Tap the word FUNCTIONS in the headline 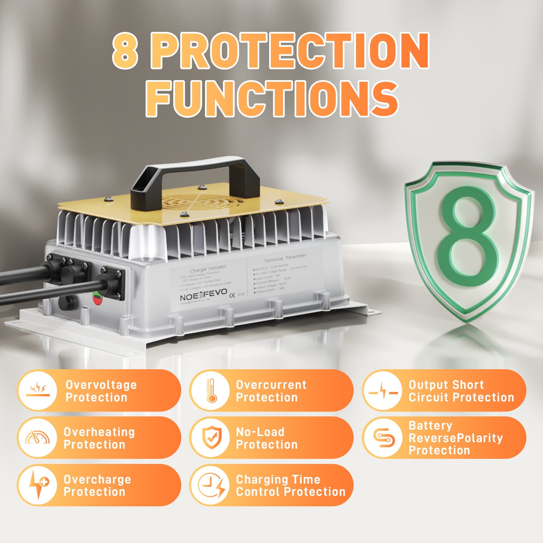271,99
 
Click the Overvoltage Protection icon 38,391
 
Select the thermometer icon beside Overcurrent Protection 211,391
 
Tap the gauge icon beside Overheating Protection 38,438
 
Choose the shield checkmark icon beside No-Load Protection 211,438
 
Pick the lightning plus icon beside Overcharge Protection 38,485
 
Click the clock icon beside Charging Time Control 211,485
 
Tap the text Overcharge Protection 97,485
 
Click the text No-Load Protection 266,438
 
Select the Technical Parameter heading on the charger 285,258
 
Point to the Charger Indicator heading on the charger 208,269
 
